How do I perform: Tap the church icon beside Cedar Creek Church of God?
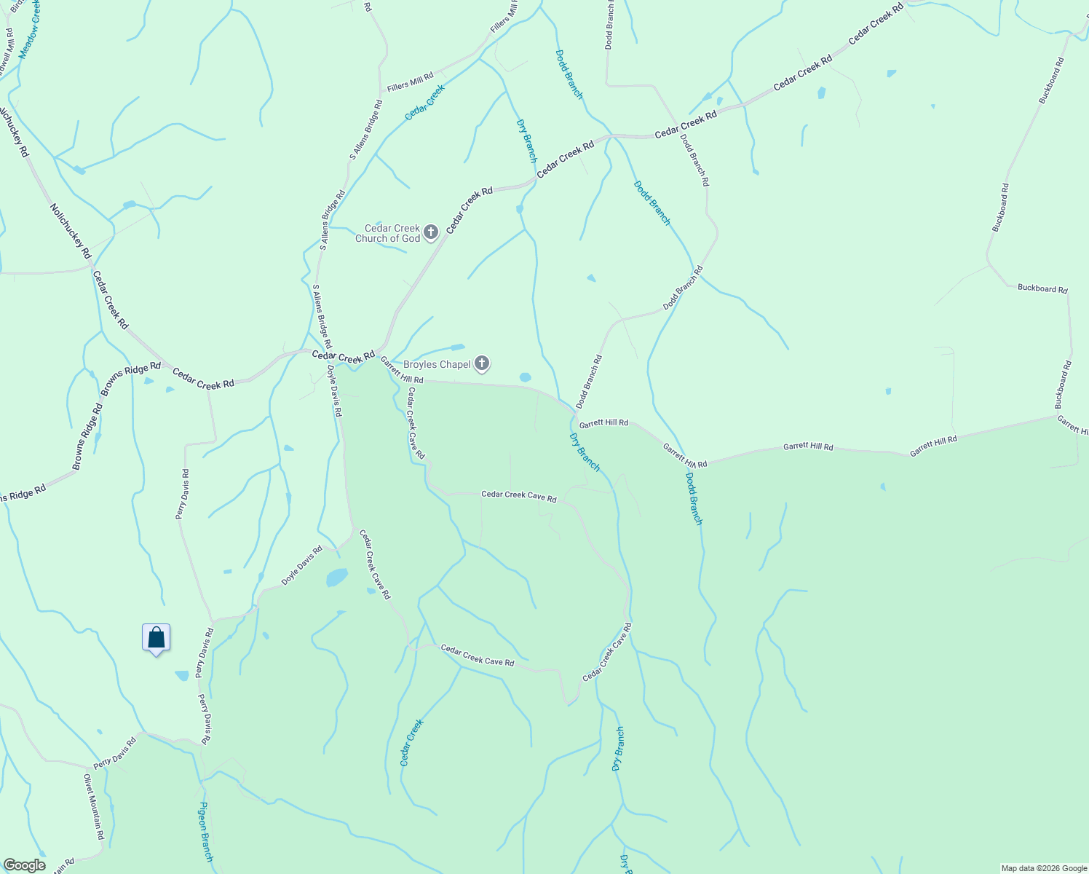click(x=431, y=232)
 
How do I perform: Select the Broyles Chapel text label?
click(x=437, y=364)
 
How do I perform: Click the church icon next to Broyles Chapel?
click(x=482, y=363)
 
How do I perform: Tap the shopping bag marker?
click(x=156, y=638)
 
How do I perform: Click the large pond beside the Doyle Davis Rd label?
click(x=336, y=578)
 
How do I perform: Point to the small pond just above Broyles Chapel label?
click(x=458, y=347)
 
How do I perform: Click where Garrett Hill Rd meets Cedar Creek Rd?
click(x=380, y=358)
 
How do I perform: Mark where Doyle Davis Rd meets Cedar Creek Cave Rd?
click(x=354, y=530)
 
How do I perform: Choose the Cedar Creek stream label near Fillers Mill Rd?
click(x=424, y=102)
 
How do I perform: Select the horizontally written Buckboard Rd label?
click(x=1042, y=288)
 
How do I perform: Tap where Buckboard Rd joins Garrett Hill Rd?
click(x=1056, y=417)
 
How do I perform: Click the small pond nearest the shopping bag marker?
click(x=181, y=676)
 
